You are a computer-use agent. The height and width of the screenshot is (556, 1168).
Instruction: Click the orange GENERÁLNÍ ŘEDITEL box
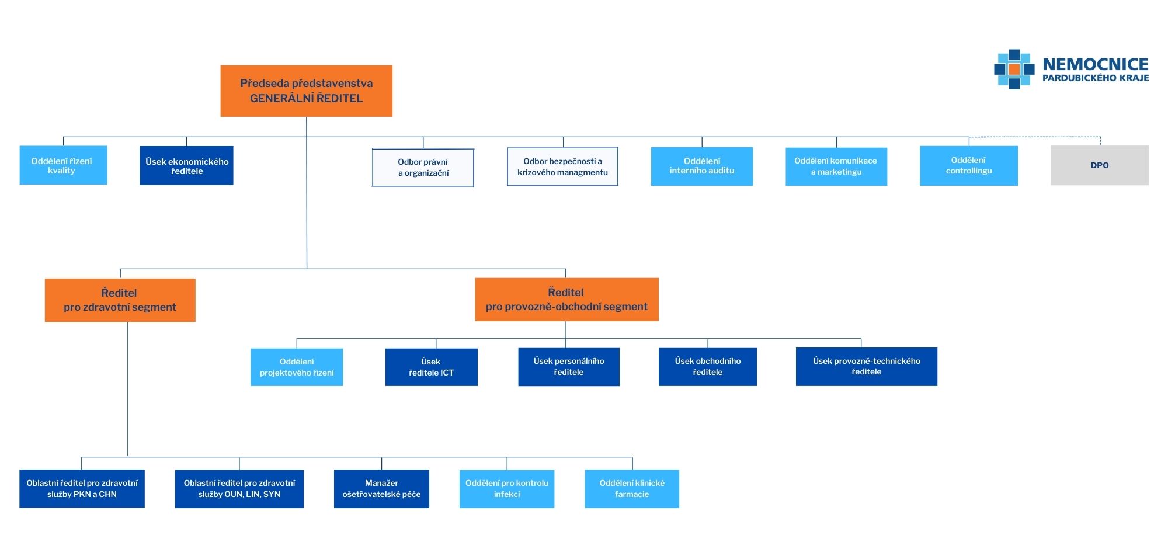306,91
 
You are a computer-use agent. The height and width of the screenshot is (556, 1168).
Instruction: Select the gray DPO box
1099,165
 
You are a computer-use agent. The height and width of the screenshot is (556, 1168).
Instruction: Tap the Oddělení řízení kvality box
63,165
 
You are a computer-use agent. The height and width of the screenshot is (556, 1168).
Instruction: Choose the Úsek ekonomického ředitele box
186,166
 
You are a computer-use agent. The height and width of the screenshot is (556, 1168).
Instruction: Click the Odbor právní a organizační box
423,168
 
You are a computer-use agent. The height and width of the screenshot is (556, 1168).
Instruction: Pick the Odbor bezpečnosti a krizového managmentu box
562,167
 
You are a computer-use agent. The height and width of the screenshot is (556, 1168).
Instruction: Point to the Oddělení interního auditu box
701,166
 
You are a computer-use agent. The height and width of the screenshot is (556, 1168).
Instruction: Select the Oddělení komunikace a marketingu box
836,166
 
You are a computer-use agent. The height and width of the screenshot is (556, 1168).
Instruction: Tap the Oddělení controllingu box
968,166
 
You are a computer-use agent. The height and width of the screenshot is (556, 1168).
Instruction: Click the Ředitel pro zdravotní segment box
120,300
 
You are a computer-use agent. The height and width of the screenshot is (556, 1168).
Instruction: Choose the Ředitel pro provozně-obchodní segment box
566,300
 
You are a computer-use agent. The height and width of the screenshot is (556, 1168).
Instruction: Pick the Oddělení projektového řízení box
297,367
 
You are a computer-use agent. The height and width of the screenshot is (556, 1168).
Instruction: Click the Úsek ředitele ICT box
431,367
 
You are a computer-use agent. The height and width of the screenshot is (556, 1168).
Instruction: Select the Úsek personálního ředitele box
568,367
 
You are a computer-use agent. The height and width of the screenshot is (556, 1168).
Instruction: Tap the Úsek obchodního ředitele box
707,367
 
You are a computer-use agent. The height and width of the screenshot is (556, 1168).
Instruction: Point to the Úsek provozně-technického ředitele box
866,367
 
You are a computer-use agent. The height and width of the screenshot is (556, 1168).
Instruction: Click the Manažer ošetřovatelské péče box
381,489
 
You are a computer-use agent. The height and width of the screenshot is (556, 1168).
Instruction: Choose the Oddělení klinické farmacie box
632,489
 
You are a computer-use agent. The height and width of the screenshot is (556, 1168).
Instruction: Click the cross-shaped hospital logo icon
1014,69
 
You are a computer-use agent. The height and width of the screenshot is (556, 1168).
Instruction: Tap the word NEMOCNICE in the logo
1095,64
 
